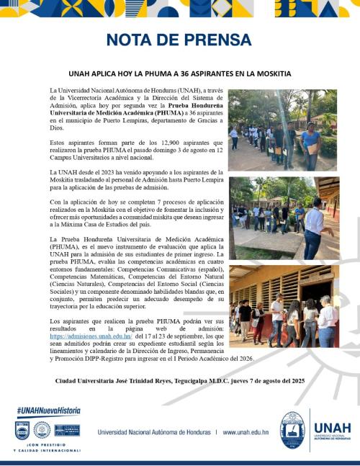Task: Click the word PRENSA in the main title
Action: (x=214, y=39)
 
